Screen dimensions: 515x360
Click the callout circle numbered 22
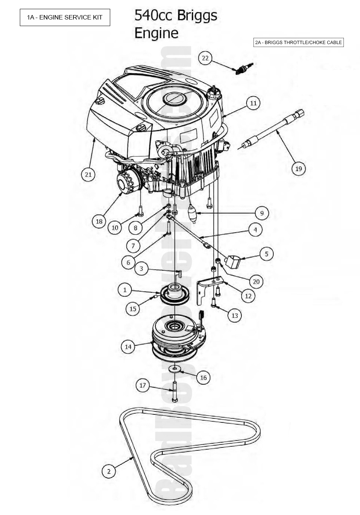pyautogui.click(x=205, y=58)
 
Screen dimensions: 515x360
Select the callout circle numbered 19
pyautogui.click(x=298, y=169)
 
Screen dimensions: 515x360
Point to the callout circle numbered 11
pyautogui.click(x=253, y=103)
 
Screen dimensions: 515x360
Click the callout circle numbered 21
pyautogui.click(x=88, y=174)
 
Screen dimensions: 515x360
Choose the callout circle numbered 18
pyautogui.click(x=99, y=221)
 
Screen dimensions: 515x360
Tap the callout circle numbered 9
pyautogui.click(x=262, y=213)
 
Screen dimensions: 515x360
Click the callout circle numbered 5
pyautogui.click(x=267, y=254)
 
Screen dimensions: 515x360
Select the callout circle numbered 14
pyautogui.click(x=128, y=346)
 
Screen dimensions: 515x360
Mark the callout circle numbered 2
pyautogui.click(x=109, y=471)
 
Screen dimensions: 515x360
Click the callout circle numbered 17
pyautogui.click(x=143, y=385)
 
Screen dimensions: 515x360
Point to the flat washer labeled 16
pyautogui.click(x=175, y=368)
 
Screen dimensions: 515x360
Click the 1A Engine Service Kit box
pyautogui.click(x=65, y=17)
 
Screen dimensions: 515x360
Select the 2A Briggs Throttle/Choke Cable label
pyautogui.click(x=298, y=42)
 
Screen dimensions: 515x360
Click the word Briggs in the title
pyautogui.click(x=197, y=16)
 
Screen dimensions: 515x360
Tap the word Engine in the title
pyautogui.click(x=156, y=33)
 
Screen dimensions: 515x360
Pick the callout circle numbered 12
pyautogui.click(x=248, y=296)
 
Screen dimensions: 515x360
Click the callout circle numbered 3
pyautogui.click(x=141, y=269)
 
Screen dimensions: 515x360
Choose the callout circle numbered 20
pyautogui.click(x=256, y=282)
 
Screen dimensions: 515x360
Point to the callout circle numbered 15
pyautogui.click(x=133, y=309)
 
